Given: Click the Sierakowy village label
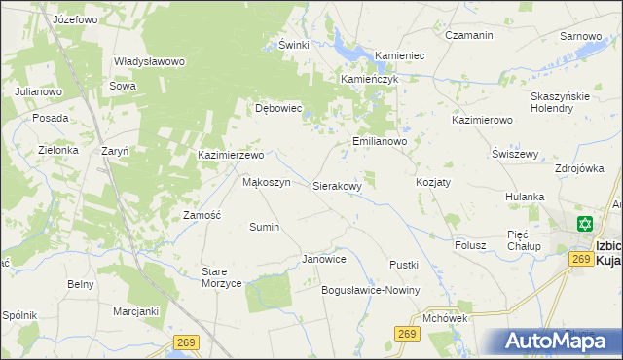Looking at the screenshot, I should coord(338,185).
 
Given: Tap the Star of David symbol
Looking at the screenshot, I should coord(584,224).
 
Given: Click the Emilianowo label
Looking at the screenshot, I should coord(379,141).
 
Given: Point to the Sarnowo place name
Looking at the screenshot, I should coord(580,36).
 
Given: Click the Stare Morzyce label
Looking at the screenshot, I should coord(221,276).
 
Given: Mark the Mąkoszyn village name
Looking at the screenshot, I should coord(266,182).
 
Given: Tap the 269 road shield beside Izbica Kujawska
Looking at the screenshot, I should coord(581,259).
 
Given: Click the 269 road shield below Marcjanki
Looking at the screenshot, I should coord(188,342).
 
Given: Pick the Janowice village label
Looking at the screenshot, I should coord(324,260).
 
